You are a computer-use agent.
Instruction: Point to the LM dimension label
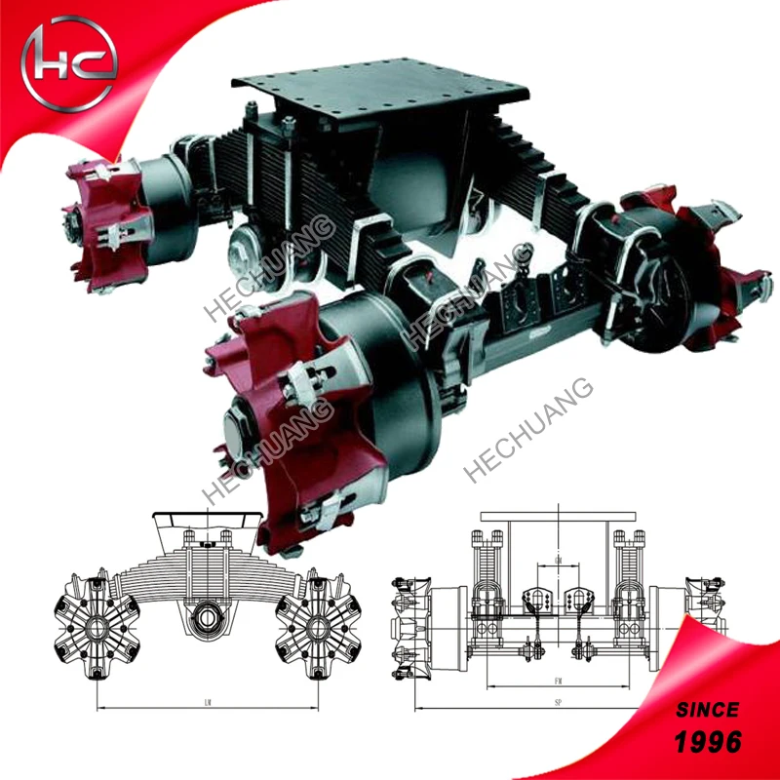click(x=210, y=701)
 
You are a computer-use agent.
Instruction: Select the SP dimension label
click(x=557, y=701)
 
